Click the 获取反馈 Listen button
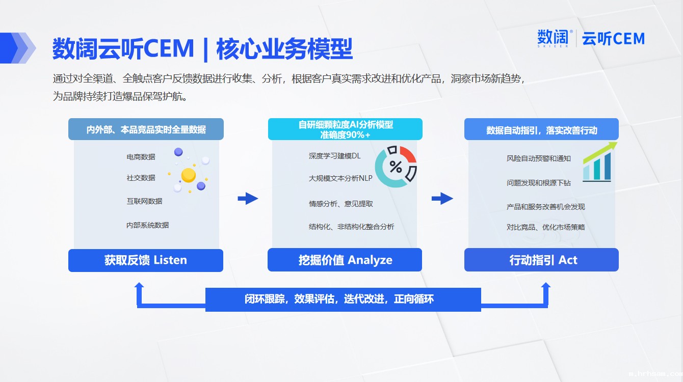[146, 260]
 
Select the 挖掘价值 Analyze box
[345, 260]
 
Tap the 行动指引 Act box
[541, 260]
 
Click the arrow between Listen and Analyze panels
[248, 199]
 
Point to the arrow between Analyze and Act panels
[442, 199]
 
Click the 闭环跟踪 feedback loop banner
[343, 299]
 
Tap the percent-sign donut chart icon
[396, 167]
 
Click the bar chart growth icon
[599, 162]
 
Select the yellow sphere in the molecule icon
[189, 175]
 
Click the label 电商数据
[141, 157]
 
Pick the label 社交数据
[141, 178]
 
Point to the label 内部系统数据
[148, 225]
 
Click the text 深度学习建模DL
[334, 156]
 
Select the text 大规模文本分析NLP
[340, 178]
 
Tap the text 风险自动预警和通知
[538, 158]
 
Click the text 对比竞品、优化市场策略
[546, 227]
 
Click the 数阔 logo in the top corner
[553, 38]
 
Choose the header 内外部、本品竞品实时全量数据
[146, 130]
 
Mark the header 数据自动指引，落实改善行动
[541, 130]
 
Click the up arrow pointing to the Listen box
[139, 294]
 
